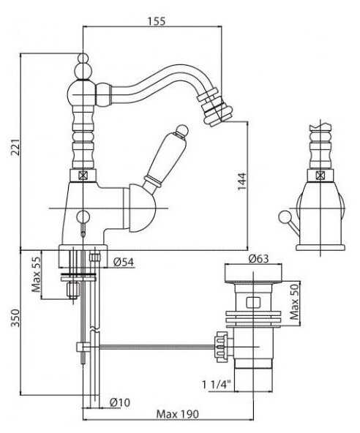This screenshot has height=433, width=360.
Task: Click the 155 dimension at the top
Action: coord(156,21)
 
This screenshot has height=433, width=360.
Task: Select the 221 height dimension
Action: coord(15,148)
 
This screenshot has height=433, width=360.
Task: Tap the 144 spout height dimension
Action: coord(242,181)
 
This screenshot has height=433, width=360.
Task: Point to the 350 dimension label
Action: coord(15,318)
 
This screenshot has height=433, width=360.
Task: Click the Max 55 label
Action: coord(36,275)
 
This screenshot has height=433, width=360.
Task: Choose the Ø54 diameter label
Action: coord(124,262)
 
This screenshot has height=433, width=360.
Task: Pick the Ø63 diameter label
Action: coord(258,259)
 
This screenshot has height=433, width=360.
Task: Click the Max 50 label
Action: coord(295,301)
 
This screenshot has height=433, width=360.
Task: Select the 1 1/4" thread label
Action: coord(217,385)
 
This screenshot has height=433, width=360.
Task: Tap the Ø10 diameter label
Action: coord(119,402)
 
